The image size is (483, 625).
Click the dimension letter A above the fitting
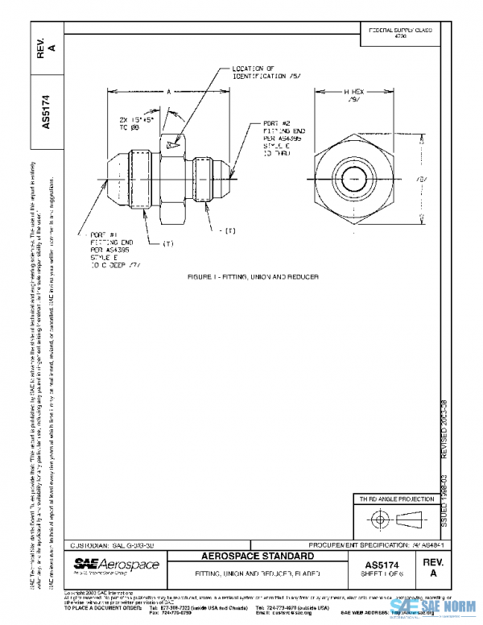169,93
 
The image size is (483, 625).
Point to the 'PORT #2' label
275,126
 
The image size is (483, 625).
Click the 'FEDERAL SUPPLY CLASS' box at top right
400,33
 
